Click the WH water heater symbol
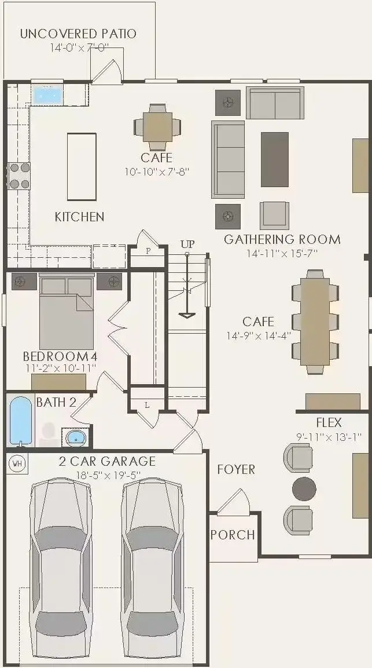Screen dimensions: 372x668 (17, 463)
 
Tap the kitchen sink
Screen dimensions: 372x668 (48, 94)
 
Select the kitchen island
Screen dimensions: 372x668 (82, 167)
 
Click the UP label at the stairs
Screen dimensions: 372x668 (187, 244)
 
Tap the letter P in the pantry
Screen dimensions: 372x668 (148, 251)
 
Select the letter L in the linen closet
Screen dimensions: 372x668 (148, 405)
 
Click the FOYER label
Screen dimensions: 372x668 (236, 469)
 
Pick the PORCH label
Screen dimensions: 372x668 (233, 535)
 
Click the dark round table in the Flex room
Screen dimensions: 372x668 (304, 488)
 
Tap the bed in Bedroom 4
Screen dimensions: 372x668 (67, 313)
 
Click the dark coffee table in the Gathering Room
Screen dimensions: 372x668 (275, 159)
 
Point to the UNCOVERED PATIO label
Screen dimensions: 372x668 (78, 34)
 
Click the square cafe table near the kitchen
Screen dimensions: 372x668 (157, 126)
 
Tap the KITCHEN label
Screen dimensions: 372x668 (80, 217)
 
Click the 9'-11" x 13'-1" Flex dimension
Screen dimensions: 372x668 (329, 437)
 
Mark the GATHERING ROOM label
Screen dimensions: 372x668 (282, 239)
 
